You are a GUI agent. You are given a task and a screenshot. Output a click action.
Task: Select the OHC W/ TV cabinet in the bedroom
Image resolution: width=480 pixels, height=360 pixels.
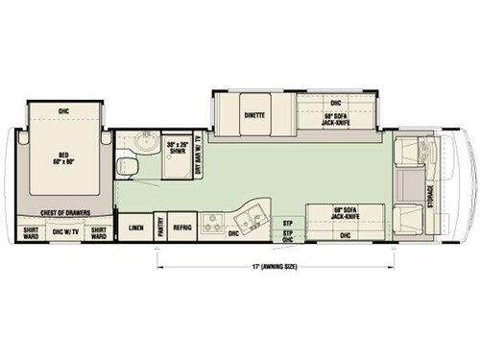click(64, 230)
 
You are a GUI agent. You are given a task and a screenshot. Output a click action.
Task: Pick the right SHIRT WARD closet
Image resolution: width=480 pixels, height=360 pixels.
click(99, 230)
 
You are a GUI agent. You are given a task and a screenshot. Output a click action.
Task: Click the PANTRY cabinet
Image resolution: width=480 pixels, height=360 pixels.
click(157, 228)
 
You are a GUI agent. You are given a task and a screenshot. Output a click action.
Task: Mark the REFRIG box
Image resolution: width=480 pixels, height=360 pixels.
click(183, 228)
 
